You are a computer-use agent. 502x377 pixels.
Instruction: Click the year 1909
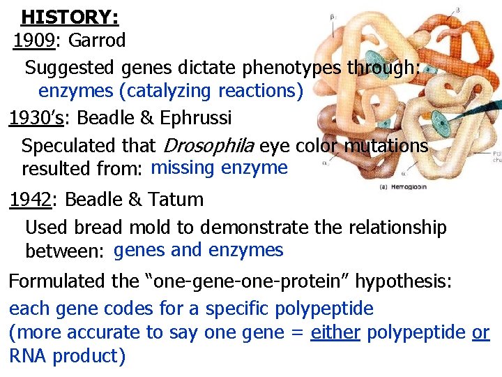click(34, 40)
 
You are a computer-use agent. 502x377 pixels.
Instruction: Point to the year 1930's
click(36, 118)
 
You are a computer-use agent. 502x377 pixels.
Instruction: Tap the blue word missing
click(183, 168)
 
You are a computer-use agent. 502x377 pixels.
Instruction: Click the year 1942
click(29, 200)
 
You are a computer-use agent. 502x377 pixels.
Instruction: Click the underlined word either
click(335, 333)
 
